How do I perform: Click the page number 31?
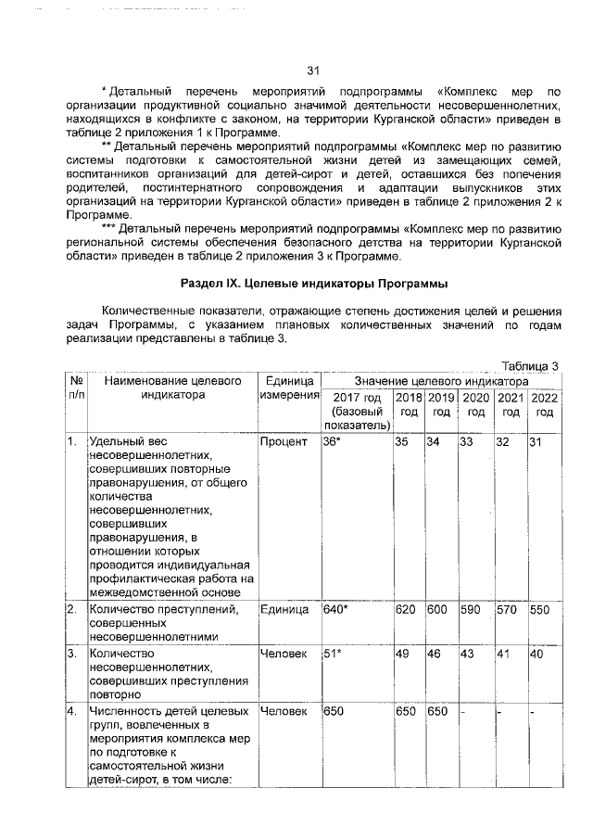tap(312, 70)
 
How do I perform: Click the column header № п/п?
tap(72, 388)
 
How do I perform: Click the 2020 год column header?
tap(475, 404)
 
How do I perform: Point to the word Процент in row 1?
tap(284, 442)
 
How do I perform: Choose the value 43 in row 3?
tap(467, 655)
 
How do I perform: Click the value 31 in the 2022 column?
tap(536, 442)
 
